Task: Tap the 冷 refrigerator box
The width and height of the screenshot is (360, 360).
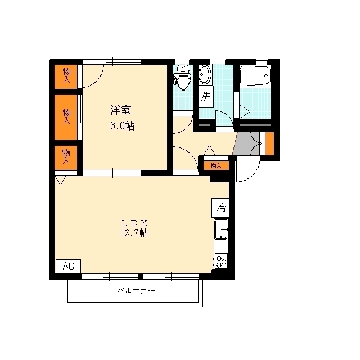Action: (x=220, y=207)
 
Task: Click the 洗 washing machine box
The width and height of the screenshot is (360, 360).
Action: (x=206, y=96)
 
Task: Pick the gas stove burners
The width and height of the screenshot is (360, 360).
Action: (x=220, y=260)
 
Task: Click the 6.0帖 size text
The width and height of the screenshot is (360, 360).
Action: (x=122, y=125)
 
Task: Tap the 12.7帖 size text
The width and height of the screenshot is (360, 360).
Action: (x=134, y=232)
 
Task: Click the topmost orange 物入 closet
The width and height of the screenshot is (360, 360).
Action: (x=66, y=75)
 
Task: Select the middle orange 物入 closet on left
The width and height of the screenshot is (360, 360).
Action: (x=66, y=117)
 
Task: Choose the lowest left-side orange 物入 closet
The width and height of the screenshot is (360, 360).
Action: (x=66, y=156)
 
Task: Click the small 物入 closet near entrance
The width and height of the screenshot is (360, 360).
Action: (x=216, y=165)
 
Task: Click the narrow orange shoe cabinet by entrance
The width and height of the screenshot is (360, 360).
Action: (x=269, y=144)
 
